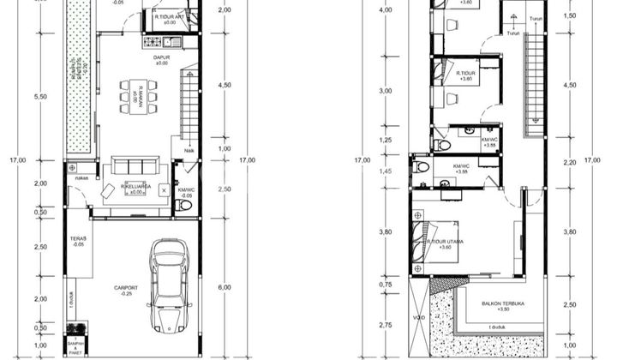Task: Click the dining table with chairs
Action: click(x=137, y=96)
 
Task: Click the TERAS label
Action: click(x=79, y=240)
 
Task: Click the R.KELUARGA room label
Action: click(x=136, y=186)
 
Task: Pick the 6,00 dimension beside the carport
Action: click(x=225, y=287)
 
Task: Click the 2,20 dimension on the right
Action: click(x=569, y=162)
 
